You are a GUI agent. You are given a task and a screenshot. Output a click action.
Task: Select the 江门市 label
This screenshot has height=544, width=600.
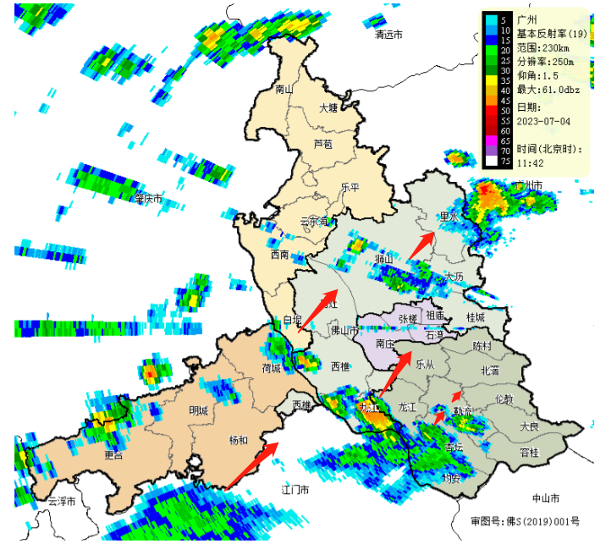click(x=295, y=490)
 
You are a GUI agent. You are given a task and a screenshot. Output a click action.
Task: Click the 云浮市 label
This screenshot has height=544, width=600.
click(x=62, y=502)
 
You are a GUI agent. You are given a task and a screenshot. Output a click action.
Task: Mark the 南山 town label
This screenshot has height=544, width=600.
click(x=283, y=89)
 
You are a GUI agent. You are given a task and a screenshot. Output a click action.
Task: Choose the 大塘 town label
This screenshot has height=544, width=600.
click(x=328, y=107)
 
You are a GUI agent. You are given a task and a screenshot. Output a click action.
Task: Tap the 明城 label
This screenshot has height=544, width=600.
click(x=200, y=410)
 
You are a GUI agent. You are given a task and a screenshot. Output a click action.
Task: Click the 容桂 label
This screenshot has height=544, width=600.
click(x=529, y=453)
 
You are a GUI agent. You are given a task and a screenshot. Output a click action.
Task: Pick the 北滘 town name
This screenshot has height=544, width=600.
click(x=490, y=370)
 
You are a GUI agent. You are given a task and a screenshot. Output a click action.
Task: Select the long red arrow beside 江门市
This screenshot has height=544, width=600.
click(x=253, y=464)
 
